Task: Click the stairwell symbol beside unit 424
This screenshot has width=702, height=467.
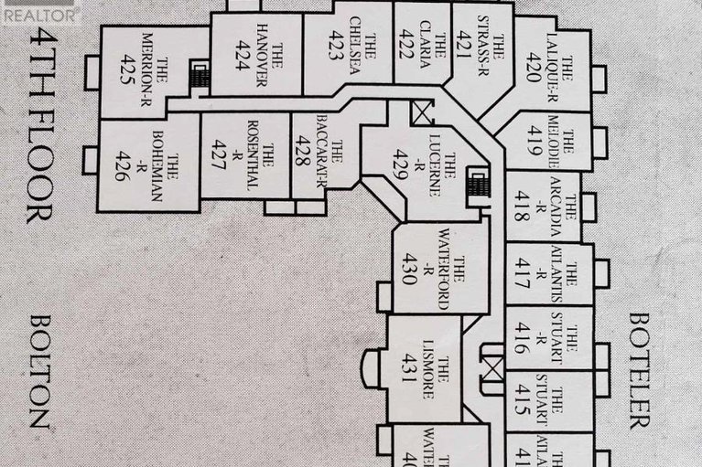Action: point(199,77)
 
